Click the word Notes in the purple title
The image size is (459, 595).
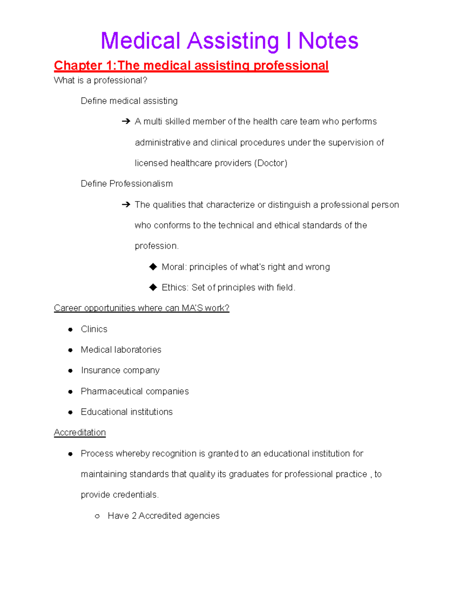point(328,41)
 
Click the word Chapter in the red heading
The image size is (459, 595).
point(78,66)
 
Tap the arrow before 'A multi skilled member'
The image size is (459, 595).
point(126,121)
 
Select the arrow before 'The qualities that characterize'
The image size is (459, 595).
point(126,205)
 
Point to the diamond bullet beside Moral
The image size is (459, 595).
point(153,267)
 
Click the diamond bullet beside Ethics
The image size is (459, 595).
point(153,287)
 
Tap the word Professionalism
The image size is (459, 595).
point(141,184)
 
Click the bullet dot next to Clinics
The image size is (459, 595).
point(70,329)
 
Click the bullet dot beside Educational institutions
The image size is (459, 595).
point(70,412)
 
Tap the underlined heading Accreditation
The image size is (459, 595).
point(80,433)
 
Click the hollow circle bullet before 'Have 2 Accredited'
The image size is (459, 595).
point(97,516)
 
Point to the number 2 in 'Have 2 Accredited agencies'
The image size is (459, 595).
point(134,516)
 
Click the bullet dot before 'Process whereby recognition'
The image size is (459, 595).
point(70,454)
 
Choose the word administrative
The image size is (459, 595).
point(162,143)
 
